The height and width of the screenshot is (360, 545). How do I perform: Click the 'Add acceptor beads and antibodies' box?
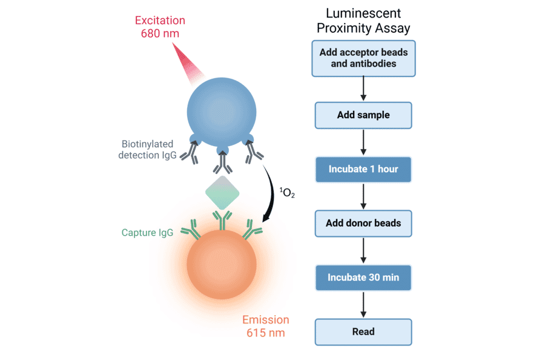pyautogui.click(x=363, y=58)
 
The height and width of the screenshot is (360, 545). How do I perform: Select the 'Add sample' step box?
pyautogui.click(x=363, y=115)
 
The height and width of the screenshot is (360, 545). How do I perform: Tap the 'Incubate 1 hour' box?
pyautogui.click(x=363, y=169)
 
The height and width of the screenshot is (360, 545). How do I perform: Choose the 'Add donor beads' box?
pyautogui.click(x=363, y=223)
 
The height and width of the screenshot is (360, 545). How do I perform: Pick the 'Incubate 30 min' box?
pyautogui.click(x=363, y=278)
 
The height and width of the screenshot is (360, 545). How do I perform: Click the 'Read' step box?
pyautogui.click(x=363, y=332)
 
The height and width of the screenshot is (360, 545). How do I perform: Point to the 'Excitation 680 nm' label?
pyautogui.click(x=160, y=27)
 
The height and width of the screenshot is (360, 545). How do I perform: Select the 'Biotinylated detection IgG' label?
pyautogui.click(x=147, y=150)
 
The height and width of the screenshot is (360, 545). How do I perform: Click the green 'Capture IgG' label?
pyautogui.click(x=148, y=232)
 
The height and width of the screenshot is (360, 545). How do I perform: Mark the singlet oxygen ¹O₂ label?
pyautogui.click(x=286, y=193)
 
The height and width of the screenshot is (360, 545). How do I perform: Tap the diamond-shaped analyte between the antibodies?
pyautogui.click(x=222, y=193)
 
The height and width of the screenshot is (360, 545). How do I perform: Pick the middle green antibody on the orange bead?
pyautogui.click(x=222, y=221)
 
